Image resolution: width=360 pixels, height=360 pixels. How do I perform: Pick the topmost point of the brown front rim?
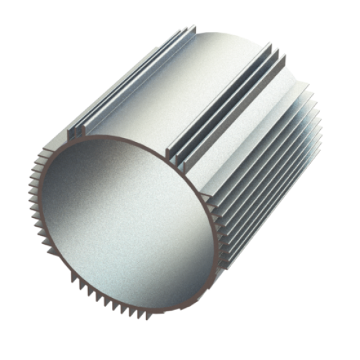click(113, 137)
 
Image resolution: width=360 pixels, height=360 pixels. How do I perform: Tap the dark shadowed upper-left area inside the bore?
click(80, 180)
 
